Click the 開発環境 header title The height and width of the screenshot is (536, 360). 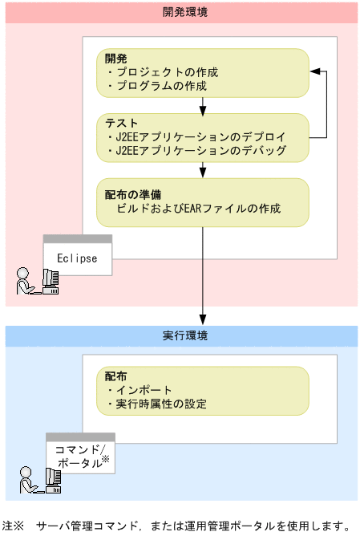(x=181, y=12)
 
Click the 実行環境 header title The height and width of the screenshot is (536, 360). (x=181, y=335)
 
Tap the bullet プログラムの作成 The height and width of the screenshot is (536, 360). (x=160, y=85)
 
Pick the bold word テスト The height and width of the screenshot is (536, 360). (x=121, y=124)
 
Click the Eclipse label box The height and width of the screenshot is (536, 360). (x=77, y=258)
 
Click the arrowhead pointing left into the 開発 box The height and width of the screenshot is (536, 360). (x=315, y=72)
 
